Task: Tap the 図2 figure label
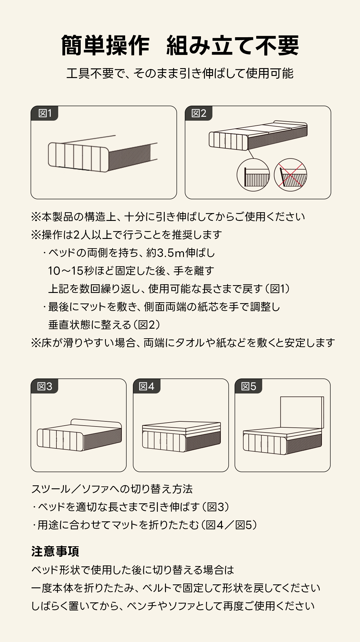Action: [x=199, y=113]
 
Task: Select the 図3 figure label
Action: [x=44, y=386]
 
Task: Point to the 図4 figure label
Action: [x=147, y=386]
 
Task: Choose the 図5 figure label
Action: [x=248, y=386]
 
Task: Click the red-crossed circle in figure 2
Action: [x=290, y=175]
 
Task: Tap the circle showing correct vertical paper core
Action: [x=253, y=175]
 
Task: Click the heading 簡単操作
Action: [x=105, y=45]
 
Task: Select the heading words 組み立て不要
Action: [x=233, y=45]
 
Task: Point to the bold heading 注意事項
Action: [x=55, y=551]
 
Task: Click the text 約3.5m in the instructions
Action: [x=166, y=253]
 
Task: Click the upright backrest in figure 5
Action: [x=302, y=412]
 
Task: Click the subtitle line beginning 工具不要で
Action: [x=180, y=74]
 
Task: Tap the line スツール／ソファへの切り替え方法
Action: [x=112, y=489]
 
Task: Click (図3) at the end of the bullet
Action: [x=216, y=507]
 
